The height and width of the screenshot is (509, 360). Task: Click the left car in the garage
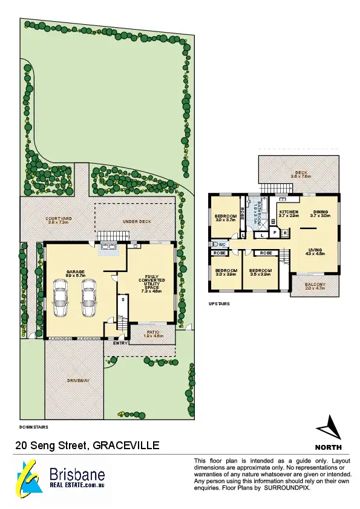[61, 298]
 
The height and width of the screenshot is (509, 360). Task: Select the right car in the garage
[88, 298]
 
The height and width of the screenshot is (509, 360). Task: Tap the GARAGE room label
[76, 272]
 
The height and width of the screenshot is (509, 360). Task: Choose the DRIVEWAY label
[78, 380]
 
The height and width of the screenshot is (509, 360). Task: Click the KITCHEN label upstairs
[289, 212]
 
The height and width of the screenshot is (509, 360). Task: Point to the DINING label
[319, 212]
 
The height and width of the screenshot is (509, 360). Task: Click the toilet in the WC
[215, 244]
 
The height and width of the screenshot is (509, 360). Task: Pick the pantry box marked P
[274, 232]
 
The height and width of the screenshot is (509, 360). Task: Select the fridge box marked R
[284, 232]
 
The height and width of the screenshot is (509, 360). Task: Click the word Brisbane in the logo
[77, 475]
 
